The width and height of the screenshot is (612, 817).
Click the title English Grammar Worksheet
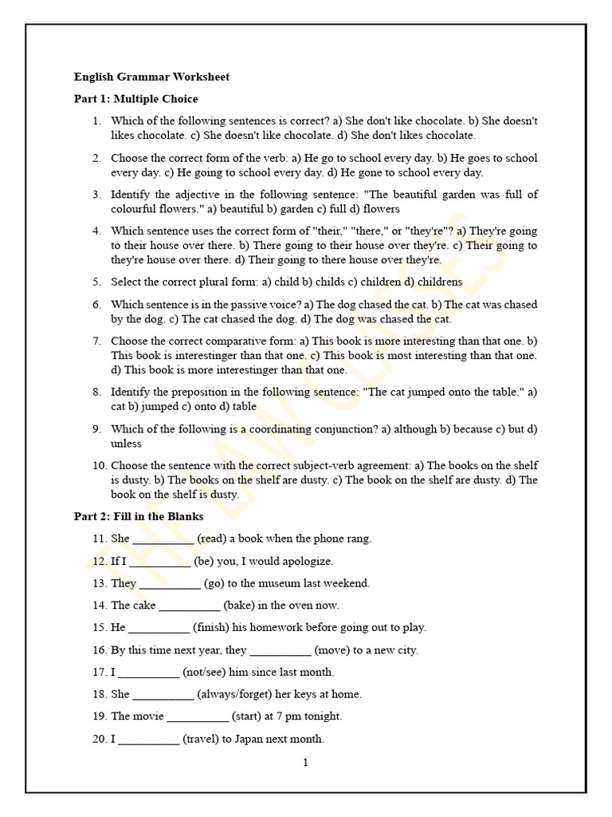151,77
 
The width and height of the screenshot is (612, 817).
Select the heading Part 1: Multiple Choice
135,99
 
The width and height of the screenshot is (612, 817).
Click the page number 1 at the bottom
305,762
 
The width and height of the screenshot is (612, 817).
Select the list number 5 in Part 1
96,282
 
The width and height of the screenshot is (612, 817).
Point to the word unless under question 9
126,443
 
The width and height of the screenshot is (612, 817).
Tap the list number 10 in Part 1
99,465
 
